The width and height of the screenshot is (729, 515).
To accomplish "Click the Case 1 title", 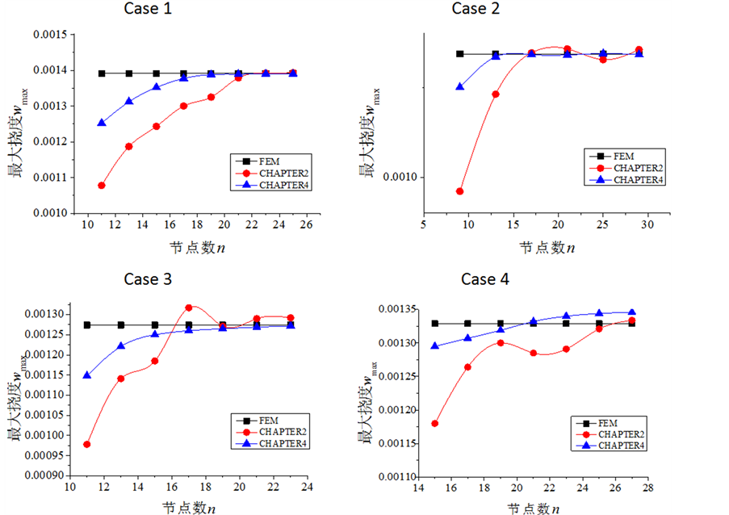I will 148,9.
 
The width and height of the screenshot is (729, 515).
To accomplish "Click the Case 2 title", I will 480,9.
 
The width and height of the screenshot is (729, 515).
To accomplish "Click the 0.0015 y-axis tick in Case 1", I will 50,35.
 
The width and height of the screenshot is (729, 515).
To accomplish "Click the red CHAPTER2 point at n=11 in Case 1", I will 102,186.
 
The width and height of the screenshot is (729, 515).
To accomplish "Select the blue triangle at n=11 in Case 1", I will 102,123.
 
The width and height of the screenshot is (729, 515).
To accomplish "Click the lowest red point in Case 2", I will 460,191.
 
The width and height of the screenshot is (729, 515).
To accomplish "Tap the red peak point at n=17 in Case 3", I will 189,308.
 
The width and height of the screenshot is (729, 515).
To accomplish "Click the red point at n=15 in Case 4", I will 435,423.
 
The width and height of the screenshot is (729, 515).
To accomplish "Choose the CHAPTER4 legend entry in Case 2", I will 639,179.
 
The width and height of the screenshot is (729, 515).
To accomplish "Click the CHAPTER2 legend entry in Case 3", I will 283,432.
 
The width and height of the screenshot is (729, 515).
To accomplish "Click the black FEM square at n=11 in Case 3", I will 87,325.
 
